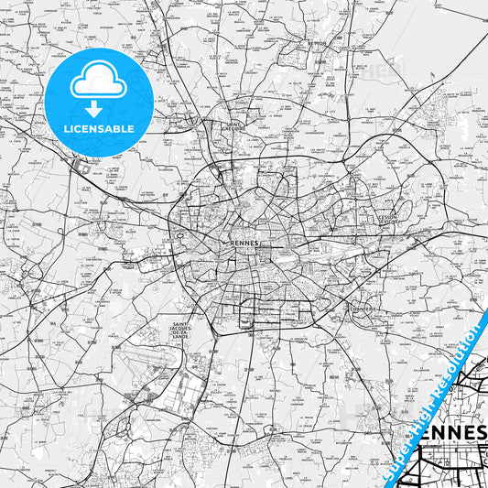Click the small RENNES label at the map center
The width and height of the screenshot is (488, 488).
tap(244, 233)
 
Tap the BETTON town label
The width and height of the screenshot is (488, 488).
tap(318, 42)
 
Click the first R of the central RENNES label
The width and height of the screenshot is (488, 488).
tap(232, 233)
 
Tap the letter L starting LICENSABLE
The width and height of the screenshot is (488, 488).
tap(65, 128)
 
